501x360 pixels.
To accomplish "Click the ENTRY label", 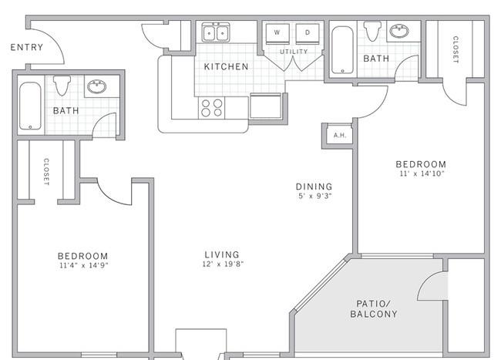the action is (x=27, y=47).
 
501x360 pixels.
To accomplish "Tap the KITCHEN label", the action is (x=226, y=66).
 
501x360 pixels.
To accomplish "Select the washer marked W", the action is (x=277, y=33).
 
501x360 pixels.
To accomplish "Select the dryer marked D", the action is (x=308, y=33).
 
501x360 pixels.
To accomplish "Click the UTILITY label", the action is (x=294, y=52).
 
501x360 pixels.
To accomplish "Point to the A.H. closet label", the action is (x=340, y=135).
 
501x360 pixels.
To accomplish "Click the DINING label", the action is (x=314, y=187).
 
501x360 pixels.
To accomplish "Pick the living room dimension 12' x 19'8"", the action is (x=223, y=264).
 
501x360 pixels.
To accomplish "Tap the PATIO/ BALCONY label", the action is (x=374, y=308).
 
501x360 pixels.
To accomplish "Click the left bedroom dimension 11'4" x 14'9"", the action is (x=84, y=265).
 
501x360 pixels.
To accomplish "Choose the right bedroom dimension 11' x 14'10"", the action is (x=422, y=173).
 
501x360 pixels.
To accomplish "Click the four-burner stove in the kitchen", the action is (x=211, y=108).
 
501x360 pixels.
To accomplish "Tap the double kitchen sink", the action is (x=216, y=32).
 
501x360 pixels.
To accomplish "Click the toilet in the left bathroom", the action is (x=62, y=85).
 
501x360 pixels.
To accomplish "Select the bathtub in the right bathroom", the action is (x=342, y=50).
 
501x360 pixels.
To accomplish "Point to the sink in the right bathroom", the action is (x=399, y=31).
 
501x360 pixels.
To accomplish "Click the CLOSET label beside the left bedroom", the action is (x=46, y=172).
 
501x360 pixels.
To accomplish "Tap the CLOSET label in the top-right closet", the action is (x=456, y=49).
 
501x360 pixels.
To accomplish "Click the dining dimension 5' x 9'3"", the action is (x=315, y=196).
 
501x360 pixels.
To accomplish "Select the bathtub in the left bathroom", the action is (x=30, y=106).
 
